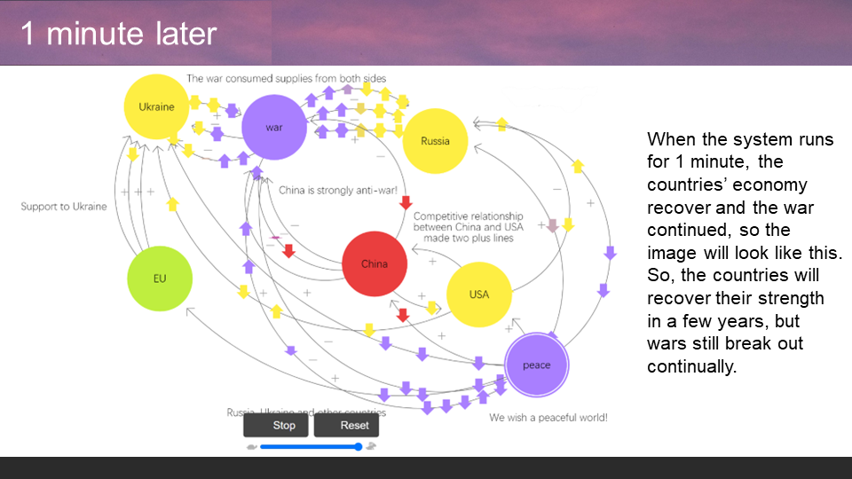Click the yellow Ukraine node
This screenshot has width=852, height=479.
tap(156, 107)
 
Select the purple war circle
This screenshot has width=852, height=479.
tap(274, 128)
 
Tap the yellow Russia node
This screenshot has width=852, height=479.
tap(435, 141)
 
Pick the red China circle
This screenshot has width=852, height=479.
tap(375, 263)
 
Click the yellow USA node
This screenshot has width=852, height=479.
tap(478, 294)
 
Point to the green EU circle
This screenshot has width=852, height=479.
tap(160, 279)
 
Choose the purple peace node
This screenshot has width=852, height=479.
tap(536, 365)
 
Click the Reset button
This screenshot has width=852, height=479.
tap(354, 425)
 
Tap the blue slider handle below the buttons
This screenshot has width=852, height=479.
tap(358, 446)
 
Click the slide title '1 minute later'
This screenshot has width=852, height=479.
tap(119, 34)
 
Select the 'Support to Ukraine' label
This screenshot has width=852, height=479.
tap(64, 207)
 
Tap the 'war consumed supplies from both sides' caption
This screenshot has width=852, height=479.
tap(286, 79)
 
